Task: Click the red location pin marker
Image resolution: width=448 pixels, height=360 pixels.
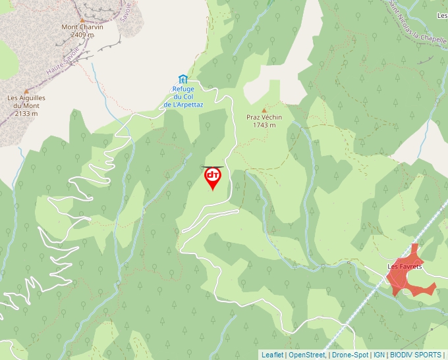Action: coord(212,178)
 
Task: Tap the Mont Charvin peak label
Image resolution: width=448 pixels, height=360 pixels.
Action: coord(82,27)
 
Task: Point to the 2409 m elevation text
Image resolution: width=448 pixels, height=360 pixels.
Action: coord(82,34)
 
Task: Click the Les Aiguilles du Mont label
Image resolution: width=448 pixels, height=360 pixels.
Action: coord(26,101)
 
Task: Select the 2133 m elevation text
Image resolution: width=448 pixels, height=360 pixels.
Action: coord(26,113)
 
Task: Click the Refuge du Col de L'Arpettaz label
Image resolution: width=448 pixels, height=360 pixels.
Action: coord(183,97)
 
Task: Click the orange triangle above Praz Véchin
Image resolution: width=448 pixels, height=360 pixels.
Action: coord(264,110)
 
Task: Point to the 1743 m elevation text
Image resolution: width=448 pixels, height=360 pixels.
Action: coord(264,124)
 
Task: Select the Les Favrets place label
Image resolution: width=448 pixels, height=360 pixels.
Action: coord(405,267)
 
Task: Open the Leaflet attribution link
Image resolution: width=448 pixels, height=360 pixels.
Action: coord(272,355)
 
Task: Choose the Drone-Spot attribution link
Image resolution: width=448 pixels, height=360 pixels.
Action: coord(350,355)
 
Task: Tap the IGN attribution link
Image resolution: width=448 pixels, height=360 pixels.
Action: coord(379,355)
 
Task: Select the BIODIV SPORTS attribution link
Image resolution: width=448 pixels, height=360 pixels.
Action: coord(416,355)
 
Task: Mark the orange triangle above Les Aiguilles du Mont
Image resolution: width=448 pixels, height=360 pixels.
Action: coord(26,91)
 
